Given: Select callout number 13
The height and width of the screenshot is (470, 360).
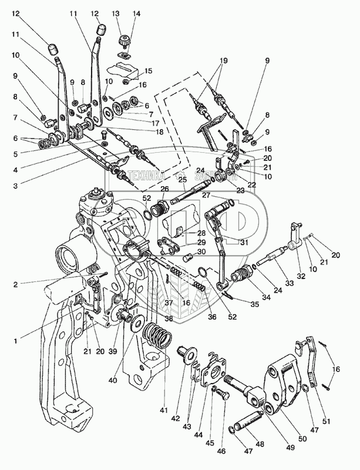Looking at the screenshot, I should pyautogui.click(x=116, y=12).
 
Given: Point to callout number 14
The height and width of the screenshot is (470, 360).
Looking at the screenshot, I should pyautogui.click(x=136, y=12).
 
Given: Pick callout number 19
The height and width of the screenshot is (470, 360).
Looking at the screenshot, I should pyautogui.click(x=223, y=61).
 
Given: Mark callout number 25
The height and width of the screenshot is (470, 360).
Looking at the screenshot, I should pyautogui.click(x=182, y=179).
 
